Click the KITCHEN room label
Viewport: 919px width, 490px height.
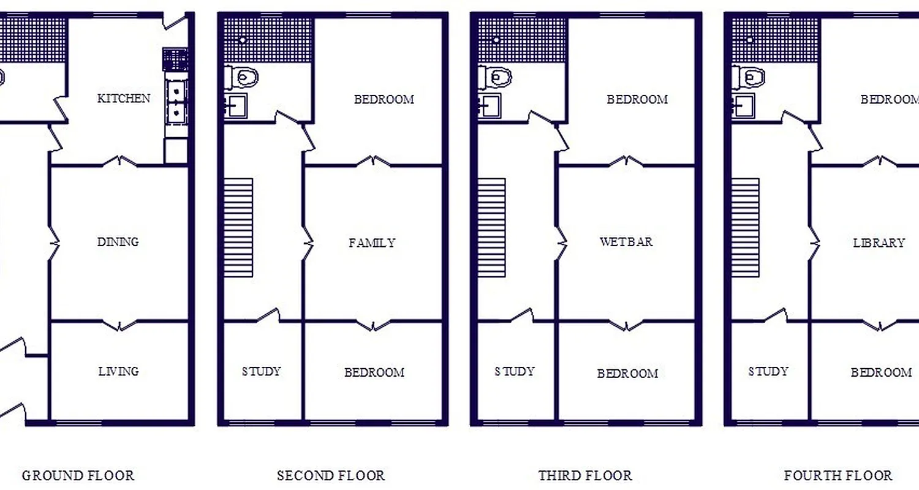[124, 98]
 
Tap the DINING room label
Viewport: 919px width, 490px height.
[118, 242]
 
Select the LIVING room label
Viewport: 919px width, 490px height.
[118, 371]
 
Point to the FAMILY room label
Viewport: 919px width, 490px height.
[372, 243]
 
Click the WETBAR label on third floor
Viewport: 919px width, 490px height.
[626, 242]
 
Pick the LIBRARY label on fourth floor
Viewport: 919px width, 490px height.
[879, 243]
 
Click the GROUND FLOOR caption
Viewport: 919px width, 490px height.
[78, 475]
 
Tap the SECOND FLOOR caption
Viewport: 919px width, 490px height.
[331, 475]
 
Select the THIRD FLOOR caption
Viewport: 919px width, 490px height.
[585, 475]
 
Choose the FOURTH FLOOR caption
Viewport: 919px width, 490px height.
[838, 475]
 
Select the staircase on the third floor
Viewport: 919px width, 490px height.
[491, 227]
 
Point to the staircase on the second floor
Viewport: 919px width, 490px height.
[238, 227]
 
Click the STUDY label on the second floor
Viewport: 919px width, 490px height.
[261, 371]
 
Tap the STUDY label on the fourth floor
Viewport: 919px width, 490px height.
[768, 371]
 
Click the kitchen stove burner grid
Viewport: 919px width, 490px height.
[175, 59]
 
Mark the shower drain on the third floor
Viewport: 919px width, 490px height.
[497, 39]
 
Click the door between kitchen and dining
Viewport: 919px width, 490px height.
[120, 162]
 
